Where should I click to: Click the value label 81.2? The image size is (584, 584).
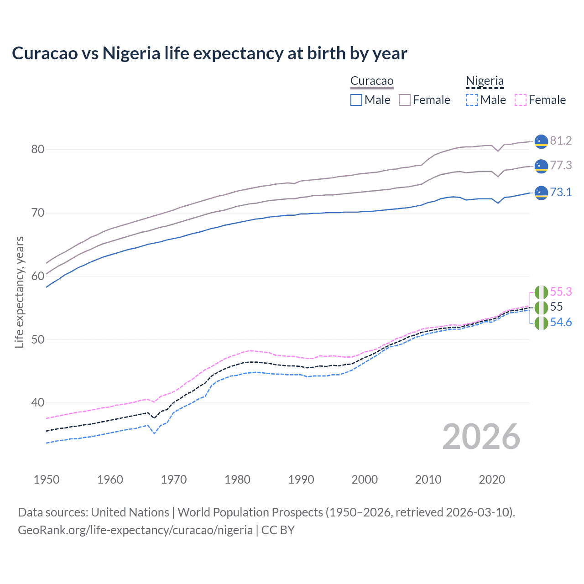tap(561, 141)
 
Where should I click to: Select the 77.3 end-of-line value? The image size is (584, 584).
tap(561, 165)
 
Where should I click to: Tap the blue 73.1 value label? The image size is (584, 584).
tap(561, 192)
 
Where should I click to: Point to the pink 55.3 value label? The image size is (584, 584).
tap(561, 292)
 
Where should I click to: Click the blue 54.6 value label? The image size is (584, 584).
tap(561, 322)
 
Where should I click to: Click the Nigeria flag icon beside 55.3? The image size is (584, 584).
tap(541, 292)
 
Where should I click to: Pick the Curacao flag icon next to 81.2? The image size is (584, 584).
tap(541, 141)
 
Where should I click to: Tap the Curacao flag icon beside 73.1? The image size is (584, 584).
tap(541, 193)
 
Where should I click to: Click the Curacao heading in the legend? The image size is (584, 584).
tap(372, 81)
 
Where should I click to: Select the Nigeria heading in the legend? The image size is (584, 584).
tap(485, 81)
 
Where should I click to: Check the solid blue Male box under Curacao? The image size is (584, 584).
tap(356, 100)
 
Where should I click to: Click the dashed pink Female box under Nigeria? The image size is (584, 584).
tap(521, 100)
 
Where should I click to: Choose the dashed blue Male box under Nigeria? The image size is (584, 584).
tap(472, 100)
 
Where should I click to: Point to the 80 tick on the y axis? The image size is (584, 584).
tap(38, 150)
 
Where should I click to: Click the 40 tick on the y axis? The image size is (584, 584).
tap(38, 402)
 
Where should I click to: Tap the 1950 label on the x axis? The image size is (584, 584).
tap(47, 480)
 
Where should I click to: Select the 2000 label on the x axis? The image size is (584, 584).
tap(365, 480)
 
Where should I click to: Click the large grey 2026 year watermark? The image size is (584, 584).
tap(481, 437)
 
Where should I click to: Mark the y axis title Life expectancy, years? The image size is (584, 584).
tap(19, 292)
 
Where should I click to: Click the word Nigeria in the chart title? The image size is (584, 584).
tap(131, 53)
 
